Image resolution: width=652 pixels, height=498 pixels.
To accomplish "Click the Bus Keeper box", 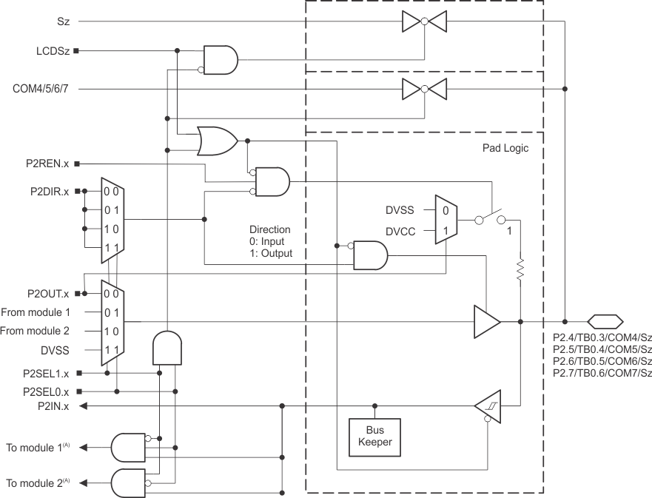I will point(374,437).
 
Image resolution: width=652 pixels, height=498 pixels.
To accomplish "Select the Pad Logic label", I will point(505,148).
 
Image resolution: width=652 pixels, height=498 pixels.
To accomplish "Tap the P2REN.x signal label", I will point(45,163).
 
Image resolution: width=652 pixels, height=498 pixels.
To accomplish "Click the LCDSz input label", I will point(51,51).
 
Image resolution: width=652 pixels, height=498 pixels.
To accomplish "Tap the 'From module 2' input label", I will point(36,331).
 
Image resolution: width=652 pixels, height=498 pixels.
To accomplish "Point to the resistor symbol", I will point(520,269).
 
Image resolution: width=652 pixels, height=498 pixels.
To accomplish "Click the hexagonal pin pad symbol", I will point(604,322).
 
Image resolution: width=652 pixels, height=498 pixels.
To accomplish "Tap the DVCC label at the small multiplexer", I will point(400,231).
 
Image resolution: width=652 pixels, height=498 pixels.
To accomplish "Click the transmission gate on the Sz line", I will point(424,22).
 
